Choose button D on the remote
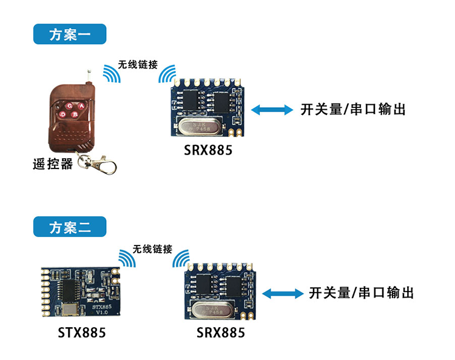coord(62,114)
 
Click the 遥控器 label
coord(52,164)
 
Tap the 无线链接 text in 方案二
coord(152,249)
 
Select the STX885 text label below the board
coord(82,333)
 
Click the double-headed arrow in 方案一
coord(272,110)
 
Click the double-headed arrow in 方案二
coord(283,293)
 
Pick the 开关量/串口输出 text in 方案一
coord(352,110)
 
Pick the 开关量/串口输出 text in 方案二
coord(361,293)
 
